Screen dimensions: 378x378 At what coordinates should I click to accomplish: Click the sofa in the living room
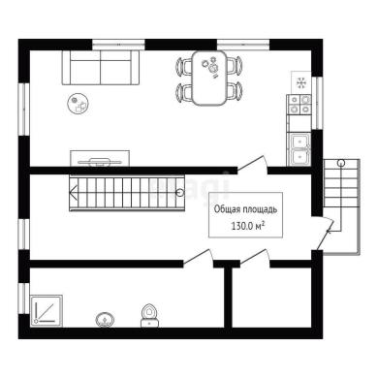tap(101, 67)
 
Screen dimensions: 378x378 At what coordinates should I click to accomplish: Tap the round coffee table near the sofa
tap(78, 104)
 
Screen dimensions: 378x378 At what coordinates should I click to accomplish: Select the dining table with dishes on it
tap(209, 78)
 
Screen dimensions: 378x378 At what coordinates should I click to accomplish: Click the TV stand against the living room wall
tap(100, 158)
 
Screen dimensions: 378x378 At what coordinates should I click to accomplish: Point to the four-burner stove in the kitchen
tap(299, 105)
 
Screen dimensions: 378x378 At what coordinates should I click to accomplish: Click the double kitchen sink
tap(299, 149)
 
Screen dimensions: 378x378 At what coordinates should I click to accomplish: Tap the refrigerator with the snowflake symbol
tap(301, 82)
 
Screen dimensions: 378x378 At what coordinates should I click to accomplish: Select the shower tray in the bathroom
tap(47, 310)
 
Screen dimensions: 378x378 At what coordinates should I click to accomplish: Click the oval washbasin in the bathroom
tap(105, 320)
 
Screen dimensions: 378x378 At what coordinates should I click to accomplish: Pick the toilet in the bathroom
tap(149, 315)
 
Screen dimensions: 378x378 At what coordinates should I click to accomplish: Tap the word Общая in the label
tap(226, 209)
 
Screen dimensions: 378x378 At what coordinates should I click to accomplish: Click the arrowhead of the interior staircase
tap(73, 193)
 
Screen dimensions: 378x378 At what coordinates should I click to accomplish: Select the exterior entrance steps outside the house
tap(342, 206)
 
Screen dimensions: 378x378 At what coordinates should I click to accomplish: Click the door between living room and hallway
tap(253, 164)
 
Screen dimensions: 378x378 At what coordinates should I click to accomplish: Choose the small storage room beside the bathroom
tap(272, 298)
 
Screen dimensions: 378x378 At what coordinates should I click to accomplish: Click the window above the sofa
tap(118, 45)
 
